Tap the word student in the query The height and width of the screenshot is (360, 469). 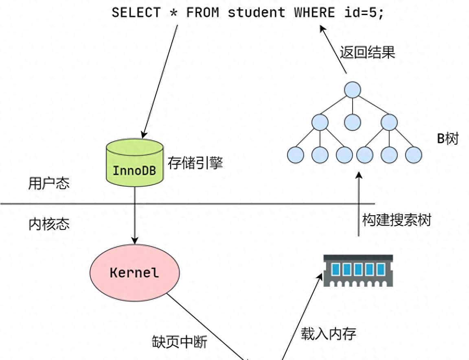click(x=256, y=12)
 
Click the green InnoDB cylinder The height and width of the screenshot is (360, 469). click(x=134, y=163)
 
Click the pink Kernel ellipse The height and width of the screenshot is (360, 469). click(x=134, y=272)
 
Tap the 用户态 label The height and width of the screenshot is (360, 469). click(x=49, y=183)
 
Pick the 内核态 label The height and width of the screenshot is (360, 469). click(x=49, y=224)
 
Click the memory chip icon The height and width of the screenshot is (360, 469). click(x=358, y=270)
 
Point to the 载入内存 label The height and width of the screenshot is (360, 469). click(x=329, y=334)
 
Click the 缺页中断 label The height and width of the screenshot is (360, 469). click(x=180, y=342)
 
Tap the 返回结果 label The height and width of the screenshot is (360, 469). click(x=367, y=52)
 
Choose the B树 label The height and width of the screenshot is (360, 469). click(x=447, y=139)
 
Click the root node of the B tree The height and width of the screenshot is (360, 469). click(x=352, y=90)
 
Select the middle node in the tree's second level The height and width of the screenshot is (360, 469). click(x=353, y=122)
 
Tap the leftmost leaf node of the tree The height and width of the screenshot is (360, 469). click(x=296, y=155)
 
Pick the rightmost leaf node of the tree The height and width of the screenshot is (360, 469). click(x=413, y=155)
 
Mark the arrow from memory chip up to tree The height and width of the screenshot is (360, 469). click(x=359, y=203)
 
